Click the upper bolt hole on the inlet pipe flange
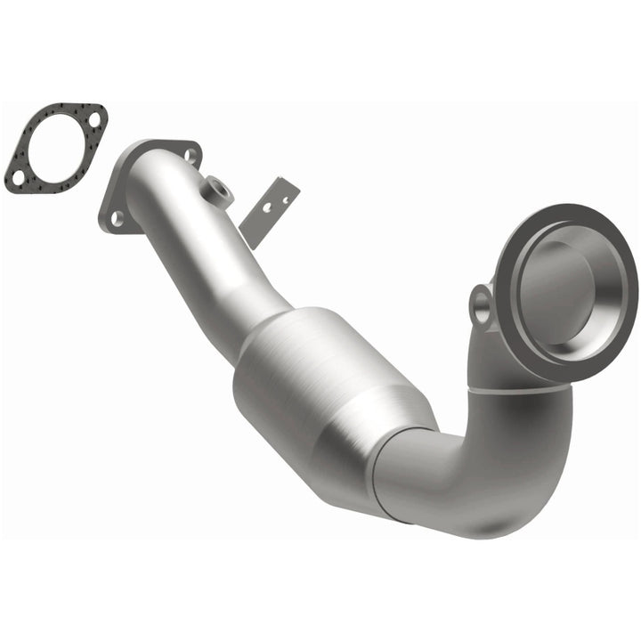tap(189, 155)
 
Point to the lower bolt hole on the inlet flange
tap(115, 215)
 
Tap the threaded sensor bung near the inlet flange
tap(215, 189)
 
